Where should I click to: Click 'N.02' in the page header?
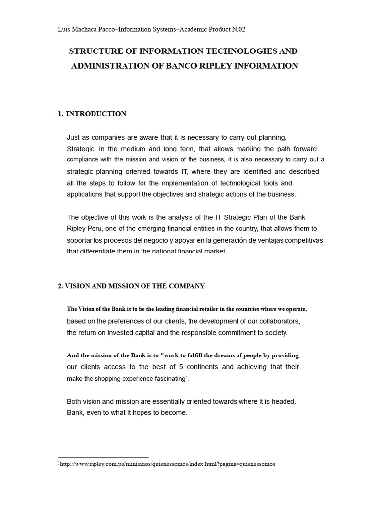coord(238,29)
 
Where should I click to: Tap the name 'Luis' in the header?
coord(65,29)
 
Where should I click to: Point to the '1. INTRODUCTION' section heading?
coord(92,114)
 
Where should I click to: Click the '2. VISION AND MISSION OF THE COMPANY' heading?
coord(131,286)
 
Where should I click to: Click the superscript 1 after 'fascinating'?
coord(187,377)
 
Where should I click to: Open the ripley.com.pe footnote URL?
coord(167,464)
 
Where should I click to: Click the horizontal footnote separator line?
coord(103,457)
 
